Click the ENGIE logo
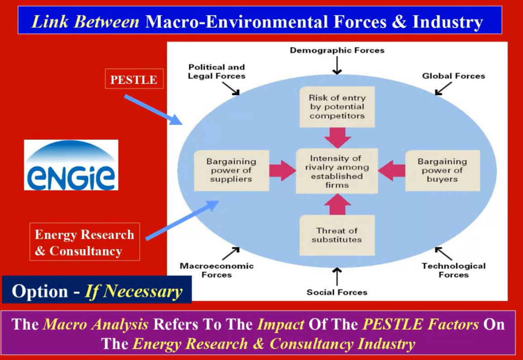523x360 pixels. tap(71, 165)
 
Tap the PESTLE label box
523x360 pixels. tap(134, 79)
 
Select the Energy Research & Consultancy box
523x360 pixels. tap(85, 242)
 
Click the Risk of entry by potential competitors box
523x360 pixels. tap(337, 107)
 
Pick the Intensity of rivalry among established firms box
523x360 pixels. tap(337, 171)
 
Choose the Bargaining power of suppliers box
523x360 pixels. tap(231, 170)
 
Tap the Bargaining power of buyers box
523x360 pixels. tap(442, 170)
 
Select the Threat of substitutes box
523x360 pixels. tap(337, 235)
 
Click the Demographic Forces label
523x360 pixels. tap(337, 50)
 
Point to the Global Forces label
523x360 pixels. tap(454, 76)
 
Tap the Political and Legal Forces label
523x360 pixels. tap(217, 71)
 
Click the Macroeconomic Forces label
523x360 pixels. tap(217, 270)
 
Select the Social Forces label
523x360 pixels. tap(337, 292)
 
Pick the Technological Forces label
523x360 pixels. tap(454, 270)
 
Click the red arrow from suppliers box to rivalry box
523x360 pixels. tap(283, 171)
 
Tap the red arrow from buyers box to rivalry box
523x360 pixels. tap(391, 171)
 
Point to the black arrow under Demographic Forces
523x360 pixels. tap(337, 65)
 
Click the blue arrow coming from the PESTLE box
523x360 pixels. tap(153, 110)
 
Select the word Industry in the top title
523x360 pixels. tap(448, 22)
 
